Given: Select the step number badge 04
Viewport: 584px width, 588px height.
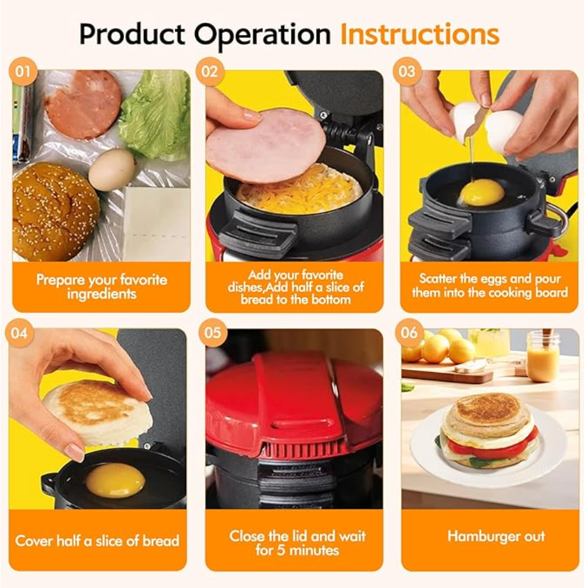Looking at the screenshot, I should coord(20,333).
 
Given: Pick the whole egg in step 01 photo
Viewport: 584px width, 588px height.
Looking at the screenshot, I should coord(111,170).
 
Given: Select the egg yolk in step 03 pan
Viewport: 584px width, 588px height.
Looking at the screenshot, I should coord(481,192).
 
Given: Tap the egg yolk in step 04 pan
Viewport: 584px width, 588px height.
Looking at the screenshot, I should coord(115,480).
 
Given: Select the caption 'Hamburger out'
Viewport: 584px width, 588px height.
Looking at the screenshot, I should coord(495,536).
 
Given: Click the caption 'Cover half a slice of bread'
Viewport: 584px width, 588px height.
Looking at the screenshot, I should coord(97,541).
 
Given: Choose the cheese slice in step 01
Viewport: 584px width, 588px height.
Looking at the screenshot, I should coord(155,222).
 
